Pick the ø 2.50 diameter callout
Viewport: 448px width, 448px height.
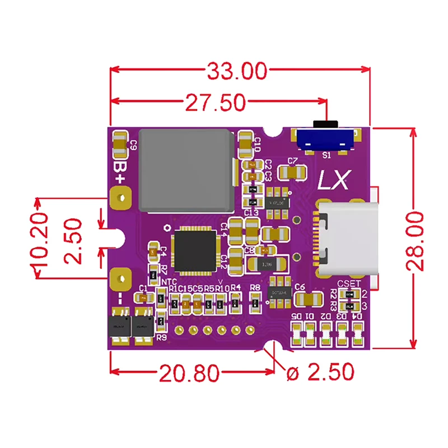click(320, 372)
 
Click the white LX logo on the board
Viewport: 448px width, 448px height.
click(334, 180)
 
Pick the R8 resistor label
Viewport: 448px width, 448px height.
click(255, 287)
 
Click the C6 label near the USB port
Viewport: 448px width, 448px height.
click(300, 287)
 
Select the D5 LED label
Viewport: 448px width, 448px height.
click(297, 316)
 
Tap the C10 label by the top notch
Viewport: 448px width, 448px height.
click(257, 144)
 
